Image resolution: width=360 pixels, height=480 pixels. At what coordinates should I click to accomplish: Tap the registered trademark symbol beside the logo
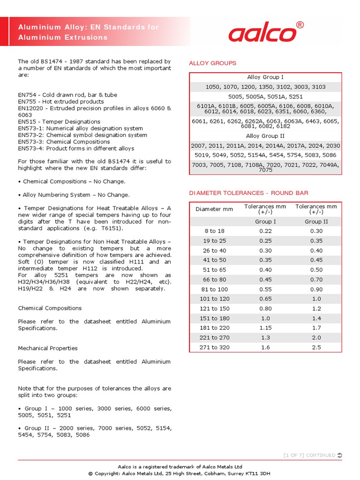pos(300,25)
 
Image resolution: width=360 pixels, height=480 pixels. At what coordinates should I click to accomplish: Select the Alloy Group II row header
pos(265,136)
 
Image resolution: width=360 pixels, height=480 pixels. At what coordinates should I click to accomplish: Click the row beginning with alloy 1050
pos(265,87)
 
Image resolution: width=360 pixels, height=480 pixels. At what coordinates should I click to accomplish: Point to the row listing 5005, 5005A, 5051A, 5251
pos(265,97)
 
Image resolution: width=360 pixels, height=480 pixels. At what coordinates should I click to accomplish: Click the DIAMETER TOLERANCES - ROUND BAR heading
pos(248,193)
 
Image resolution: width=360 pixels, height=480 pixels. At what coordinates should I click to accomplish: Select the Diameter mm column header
pos(214,209)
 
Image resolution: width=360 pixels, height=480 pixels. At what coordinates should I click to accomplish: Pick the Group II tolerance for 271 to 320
pos(316,347)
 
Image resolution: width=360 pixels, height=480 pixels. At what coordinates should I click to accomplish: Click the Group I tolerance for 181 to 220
pos(265,328)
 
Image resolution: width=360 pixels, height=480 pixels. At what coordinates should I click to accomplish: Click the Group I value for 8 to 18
pos(265,231)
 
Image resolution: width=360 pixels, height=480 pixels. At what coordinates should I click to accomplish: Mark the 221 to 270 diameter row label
pos(214,337)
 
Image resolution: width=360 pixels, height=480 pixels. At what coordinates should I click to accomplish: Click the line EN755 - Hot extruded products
pos(61,101)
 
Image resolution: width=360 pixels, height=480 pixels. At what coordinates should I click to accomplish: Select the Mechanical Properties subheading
pos(48,348)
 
